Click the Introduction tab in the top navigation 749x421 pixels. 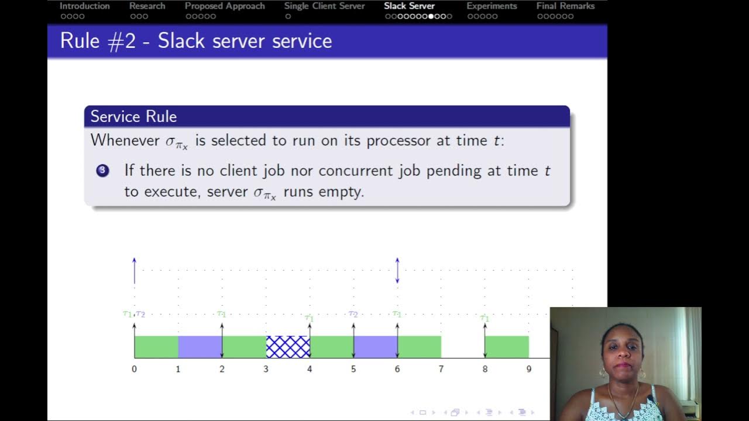point(84,6)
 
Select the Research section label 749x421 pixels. point(147,6)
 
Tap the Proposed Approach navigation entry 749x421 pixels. point(225,6)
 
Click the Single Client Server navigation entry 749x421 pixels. point(324,6)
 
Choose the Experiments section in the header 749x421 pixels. point(492,6)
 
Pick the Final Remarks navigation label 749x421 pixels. point(565,6)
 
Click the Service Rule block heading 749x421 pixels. point(133,116)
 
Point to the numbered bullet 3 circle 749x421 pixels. point(102,171)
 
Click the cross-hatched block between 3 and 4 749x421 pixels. point(288,347)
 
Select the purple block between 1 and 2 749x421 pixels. point(200,347)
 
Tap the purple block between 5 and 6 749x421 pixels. point(375,347)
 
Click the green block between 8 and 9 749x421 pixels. point(507,347)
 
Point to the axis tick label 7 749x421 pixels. point(441,369)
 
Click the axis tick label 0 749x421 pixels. point(134,369)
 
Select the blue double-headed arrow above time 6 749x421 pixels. point(397,270)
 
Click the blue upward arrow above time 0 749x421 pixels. point(134,270)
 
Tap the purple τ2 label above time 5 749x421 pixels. point(353,314)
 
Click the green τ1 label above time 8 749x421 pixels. point(484,318)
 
